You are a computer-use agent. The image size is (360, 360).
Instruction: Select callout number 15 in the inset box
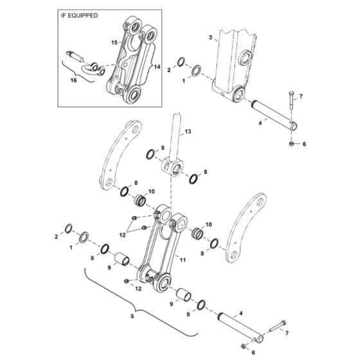click(x=114, y=42)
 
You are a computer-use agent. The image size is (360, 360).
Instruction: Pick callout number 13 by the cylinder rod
click(x=189, y=131)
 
